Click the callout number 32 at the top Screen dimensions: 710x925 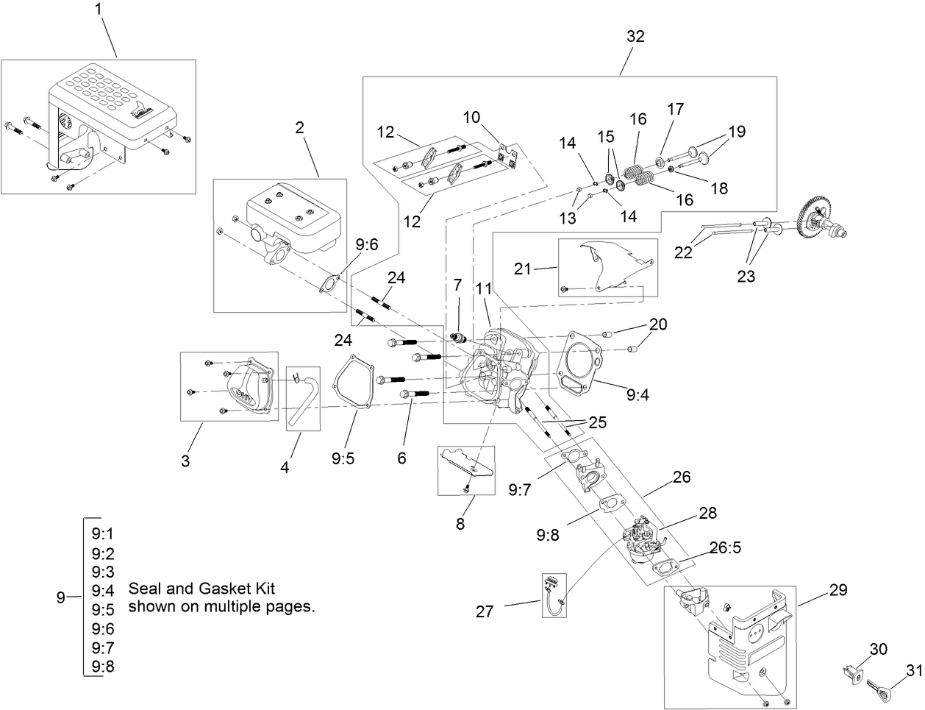635,37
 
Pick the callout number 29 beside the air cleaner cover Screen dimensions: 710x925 838,590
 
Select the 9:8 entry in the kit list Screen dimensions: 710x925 103,667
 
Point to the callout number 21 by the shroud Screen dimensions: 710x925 522,269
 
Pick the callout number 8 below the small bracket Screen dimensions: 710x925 460,524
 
